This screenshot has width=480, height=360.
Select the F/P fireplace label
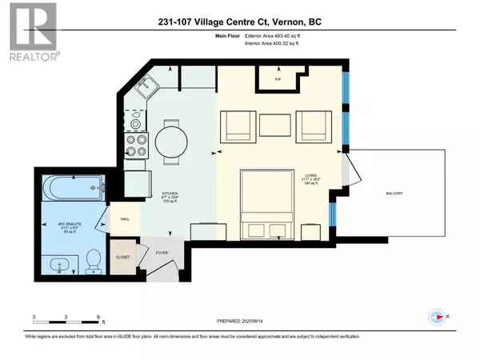click(x=278, y=79)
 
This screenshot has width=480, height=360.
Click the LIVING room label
click(x=310, y=175)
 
